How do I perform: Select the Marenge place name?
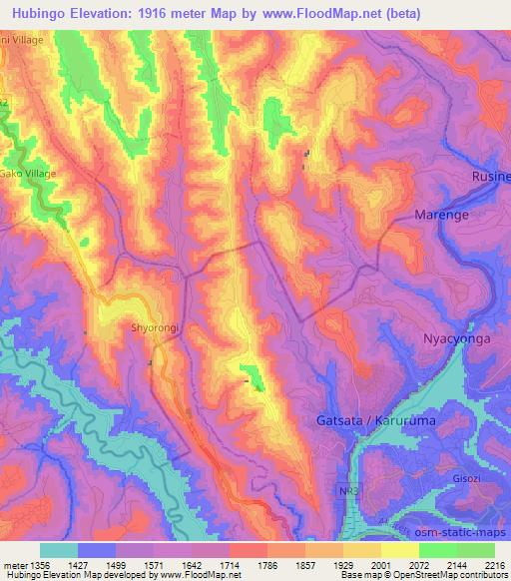click(441, 215)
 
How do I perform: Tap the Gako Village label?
click(29, 174)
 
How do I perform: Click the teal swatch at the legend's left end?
click(59, 550)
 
